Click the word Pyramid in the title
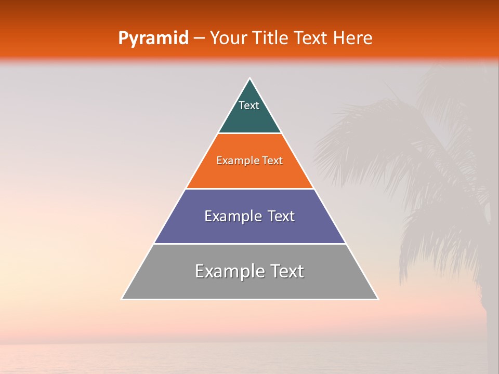153,38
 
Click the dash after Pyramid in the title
199,38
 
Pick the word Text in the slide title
311,38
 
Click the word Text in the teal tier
249,105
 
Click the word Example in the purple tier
228,216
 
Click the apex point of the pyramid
250,78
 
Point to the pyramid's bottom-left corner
122,299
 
